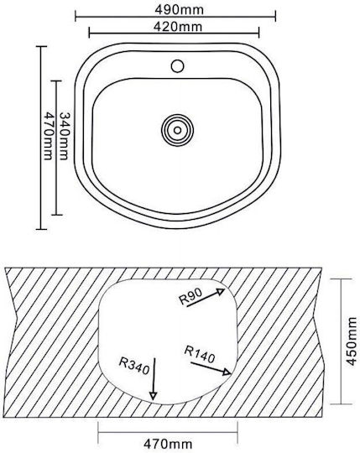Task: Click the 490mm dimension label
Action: click(x=179, y=10)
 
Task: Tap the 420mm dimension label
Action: click(x=177, y=27)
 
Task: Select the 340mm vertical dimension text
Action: click(x=64, y=136)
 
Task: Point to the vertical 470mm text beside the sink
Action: click(x=48, y=136)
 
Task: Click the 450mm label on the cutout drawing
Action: click(x=352, y=341)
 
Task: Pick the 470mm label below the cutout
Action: click(x=168, y=443)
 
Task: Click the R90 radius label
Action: click(x=190, y=297)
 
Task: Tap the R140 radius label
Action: click(x=200, y=355)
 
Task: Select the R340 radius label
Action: click(x=134, y=366)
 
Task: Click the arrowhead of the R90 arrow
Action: click(x=222, y=291)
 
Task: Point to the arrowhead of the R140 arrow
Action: click(x=227, y=372)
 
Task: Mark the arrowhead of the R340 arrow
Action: click(x=153, y=396)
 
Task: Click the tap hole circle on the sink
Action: click(x=177, y=66)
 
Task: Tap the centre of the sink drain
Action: click(x=177, y=130)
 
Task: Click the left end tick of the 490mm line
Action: click(x=76, y=16)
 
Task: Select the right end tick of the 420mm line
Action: click(x=258, y=33)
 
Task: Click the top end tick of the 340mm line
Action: click(x=56, y=81)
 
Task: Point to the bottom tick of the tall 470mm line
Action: click(x=41, y=229)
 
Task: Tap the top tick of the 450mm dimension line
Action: click(x=342, y=279)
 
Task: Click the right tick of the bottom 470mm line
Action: click(x=237, y=433)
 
